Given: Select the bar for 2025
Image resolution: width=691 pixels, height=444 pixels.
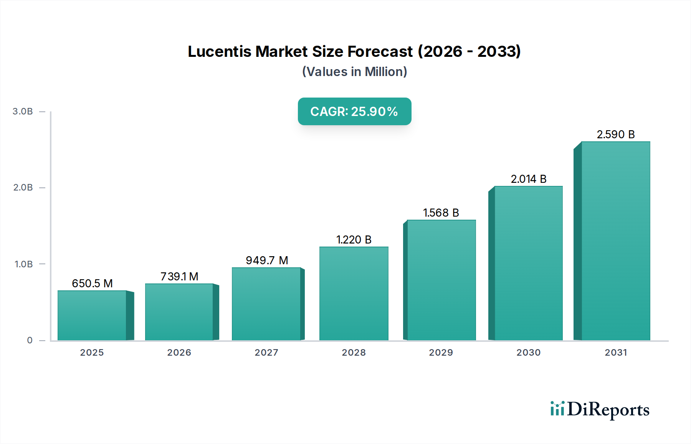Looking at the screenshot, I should pos(92,315).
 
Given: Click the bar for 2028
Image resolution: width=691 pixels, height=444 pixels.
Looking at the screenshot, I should pos(354,293).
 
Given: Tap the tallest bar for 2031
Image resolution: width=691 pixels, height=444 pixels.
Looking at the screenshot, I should pos(615,241).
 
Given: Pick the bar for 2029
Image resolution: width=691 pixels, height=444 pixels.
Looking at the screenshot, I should pos(441,280).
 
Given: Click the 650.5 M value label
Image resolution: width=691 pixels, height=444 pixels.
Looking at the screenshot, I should pos(92,283).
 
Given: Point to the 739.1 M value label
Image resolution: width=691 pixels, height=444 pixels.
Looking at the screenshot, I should pos(179,277).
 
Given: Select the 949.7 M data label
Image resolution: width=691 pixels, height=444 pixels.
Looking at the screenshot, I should pos(267,260).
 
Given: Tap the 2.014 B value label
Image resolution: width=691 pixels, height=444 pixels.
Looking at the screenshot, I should pos(528,179).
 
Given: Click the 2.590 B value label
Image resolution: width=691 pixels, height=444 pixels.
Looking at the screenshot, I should pos(615,134).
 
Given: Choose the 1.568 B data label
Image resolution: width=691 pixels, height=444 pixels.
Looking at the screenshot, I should pos(441,213).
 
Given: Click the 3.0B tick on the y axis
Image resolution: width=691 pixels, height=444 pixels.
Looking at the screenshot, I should pos(23,111).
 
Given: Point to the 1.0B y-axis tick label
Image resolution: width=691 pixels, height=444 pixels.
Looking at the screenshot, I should pos(23,264).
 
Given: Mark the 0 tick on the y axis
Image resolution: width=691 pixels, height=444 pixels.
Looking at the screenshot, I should pos(30,340).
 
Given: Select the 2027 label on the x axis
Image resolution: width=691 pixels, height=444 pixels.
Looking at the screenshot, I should pos(266,353).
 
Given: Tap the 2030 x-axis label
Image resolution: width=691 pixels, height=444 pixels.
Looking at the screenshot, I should pos(528,353).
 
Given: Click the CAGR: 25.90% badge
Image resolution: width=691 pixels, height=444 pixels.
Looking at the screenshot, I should pos(354,111).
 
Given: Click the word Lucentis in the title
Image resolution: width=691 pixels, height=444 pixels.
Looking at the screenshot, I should pos(220,51).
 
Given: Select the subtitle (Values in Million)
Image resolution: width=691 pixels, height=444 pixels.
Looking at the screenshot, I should pos(354,72).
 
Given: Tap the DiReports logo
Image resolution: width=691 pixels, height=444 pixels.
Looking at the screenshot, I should pos(600,409).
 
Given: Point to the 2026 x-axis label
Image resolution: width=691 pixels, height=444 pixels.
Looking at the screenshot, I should pos(179,353).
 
